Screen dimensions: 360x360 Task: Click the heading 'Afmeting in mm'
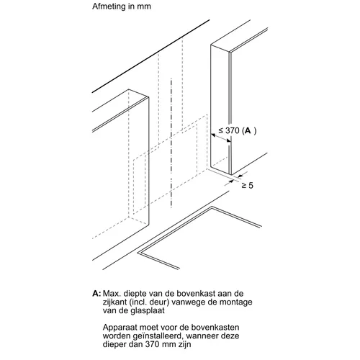click(x=122, y=6)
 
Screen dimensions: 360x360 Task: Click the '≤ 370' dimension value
click(x=229, y=130)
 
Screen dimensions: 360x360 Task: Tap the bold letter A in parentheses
click(x=248, y=131)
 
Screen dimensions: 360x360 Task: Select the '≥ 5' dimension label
click(x=247, y=185)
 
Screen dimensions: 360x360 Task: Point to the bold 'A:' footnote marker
click(x=96, y=294)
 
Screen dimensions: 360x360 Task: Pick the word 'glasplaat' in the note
click(x=148, y=310)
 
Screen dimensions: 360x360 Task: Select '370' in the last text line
click(x=152, y=344)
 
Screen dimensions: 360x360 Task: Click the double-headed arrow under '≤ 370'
click(x=221, y=138)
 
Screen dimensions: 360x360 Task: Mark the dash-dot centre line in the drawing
click(x=171, y=143)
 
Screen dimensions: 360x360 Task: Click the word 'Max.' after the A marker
click(x=112, y=294)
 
